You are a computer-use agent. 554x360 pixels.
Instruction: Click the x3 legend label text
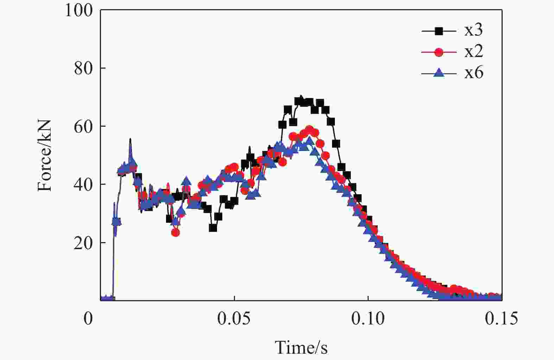point(473,31)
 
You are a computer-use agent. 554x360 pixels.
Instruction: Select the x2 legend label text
point(473,52)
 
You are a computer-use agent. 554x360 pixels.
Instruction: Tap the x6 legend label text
point(473,73)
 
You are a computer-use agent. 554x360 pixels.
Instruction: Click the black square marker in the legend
point(439,31)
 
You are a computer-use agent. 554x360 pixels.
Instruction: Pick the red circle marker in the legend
point(439,52)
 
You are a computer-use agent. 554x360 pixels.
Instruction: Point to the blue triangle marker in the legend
point(439,73)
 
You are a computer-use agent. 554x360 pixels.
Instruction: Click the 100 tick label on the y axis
point(79,10)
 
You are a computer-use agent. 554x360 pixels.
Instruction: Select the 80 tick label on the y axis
point(83,68)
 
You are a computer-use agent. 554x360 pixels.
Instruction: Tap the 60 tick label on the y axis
point(83,126)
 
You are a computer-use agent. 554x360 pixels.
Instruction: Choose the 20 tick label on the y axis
point(83,243)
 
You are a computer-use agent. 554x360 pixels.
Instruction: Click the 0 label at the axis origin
point(88,319)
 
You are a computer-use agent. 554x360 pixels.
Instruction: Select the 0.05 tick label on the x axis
point(234,319)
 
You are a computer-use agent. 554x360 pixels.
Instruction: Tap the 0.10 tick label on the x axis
point(368,319)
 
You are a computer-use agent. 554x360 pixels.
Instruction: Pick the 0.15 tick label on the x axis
point(501,319)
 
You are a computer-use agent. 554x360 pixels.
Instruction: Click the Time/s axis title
point(301,348)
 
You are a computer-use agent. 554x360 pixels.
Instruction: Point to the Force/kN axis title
point(45,156)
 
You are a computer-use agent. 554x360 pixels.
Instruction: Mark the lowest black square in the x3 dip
point(213,228)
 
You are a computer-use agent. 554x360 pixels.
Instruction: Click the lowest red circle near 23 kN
point(176,233)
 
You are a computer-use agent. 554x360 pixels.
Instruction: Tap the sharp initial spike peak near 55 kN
point(130,139)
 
